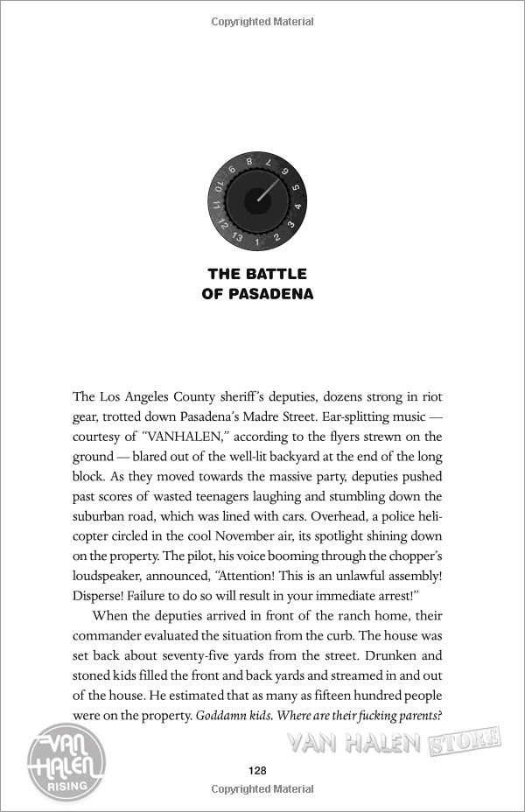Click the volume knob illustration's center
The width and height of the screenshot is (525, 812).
pos(255,199)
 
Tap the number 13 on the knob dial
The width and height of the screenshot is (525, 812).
pos(237,235)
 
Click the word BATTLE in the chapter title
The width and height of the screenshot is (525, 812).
pos(276,275)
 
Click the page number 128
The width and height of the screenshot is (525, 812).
pos(257,771)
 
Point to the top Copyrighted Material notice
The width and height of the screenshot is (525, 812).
pos(262,19)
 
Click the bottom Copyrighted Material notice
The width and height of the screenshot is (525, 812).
pos(262,791)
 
